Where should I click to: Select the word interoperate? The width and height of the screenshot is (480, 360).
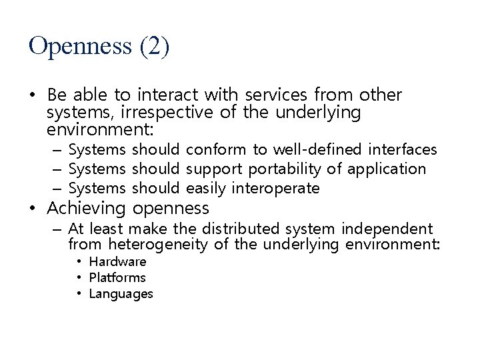pyautogui.click(x=275, y=188)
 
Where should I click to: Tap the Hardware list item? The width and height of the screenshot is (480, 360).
pyautogui.click(x=117, y=261)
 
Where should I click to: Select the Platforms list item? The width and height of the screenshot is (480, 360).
pyautogui.click(x=117, y=277)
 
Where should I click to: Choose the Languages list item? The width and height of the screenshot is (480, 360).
pyautogui.click(x=121, y=293)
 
